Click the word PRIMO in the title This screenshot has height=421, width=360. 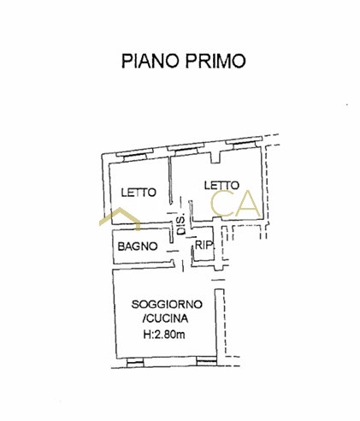point(215,61)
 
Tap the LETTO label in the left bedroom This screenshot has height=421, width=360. point(139,193)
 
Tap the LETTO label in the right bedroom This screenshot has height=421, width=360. point(221,186)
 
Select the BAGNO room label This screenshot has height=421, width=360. point(138,246)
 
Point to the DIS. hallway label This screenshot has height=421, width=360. point(181,224)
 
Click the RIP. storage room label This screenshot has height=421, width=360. point(204,245)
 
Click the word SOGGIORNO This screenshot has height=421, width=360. point(167,305)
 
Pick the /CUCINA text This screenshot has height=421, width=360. point(165,318)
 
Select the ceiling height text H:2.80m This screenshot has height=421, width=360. point(164,334)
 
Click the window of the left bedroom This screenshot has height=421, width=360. point(132,156)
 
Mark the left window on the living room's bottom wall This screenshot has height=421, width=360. point(135,362)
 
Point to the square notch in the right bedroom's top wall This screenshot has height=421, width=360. point(215,157)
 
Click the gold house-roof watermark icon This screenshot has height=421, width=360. point(120,218)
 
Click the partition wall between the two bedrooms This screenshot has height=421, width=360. point(170,180)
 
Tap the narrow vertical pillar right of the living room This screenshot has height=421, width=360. point(219,323)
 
